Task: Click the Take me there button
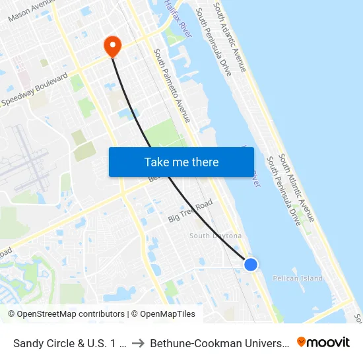click(181, 162)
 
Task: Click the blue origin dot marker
click(251, 264)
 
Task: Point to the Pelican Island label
click(298, 279)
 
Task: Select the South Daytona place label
click(215, 236)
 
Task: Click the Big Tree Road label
click(190, 211)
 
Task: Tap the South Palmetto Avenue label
click(172, 85)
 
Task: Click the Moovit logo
click(323, 343)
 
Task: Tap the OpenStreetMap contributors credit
click(66, 314)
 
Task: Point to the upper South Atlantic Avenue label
click(230, 37)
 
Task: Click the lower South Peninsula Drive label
click(283, 191)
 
